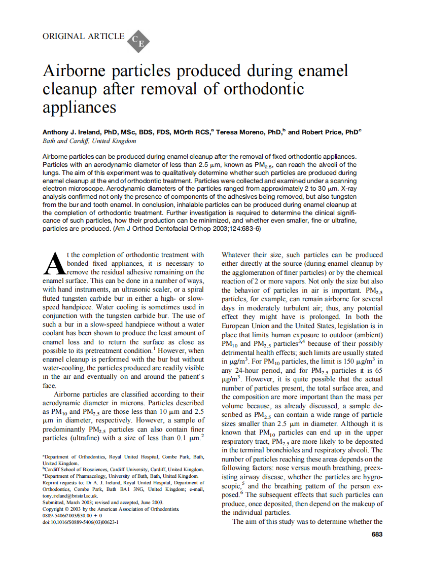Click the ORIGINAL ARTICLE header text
[84, 37]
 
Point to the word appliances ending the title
[80, 108]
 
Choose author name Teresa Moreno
[239, 132]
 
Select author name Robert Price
[323, 132]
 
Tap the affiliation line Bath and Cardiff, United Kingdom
[89, 141]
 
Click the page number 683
[377, 535]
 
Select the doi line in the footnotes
[80, 521]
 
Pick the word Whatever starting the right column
[238, 255]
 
